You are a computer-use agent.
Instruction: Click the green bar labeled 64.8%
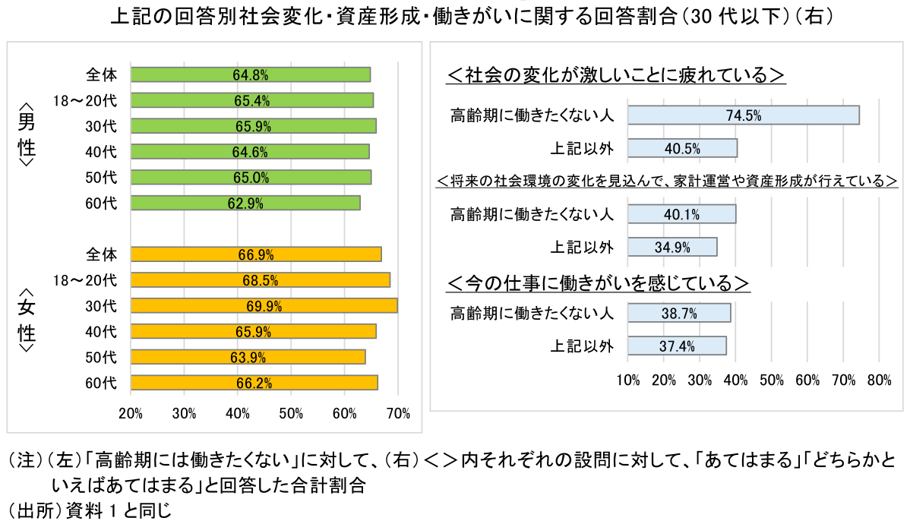point(251,74)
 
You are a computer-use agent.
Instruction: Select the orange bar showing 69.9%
point(264,306)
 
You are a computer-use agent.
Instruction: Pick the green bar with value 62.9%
point(245,203)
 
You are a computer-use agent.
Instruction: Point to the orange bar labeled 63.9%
point(248,357)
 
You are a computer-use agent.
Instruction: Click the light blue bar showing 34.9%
point(672,247)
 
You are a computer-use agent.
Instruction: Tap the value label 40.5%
point(682,148)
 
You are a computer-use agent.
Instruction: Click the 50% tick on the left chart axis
point(292,414)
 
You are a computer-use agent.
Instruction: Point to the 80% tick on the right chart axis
point(879,380)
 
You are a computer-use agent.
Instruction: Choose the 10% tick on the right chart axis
point(628,380)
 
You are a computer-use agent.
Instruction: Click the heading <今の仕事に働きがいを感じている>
point(598,283)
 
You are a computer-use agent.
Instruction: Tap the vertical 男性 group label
point(26,134)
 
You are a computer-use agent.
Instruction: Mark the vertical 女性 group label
point(26,320)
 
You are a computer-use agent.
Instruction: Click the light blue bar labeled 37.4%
point(677,346)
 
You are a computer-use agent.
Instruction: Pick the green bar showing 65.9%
point(253,126)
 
